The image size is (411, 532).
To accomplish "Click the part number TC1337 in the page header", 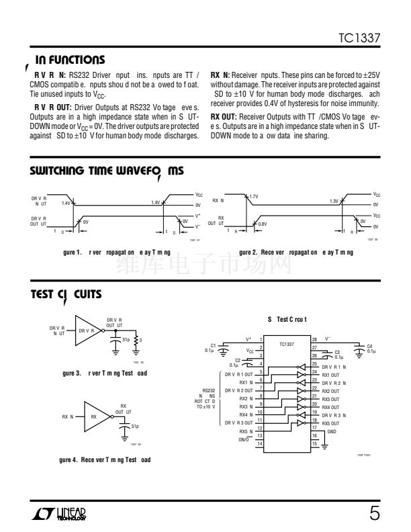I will coord(362,40).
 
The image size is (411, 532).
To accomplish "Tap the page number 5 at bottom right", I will coord(374,515).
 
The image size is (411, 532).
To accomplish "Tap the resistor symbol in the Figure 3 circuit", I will coord(137,341).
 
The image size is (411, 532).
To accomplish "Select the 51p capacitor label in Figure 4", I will coord(135,426).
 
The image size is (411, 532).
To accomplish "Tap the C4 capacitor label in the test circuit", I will coord(370,346).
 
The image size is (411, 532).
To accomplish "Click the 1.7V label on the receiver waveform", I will coord(254,197).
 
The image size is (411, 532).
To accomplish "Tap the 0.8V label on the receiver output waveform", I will coord(263,224).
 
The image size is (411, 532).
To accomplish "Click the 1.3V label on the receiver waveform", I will coord(334,201).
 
